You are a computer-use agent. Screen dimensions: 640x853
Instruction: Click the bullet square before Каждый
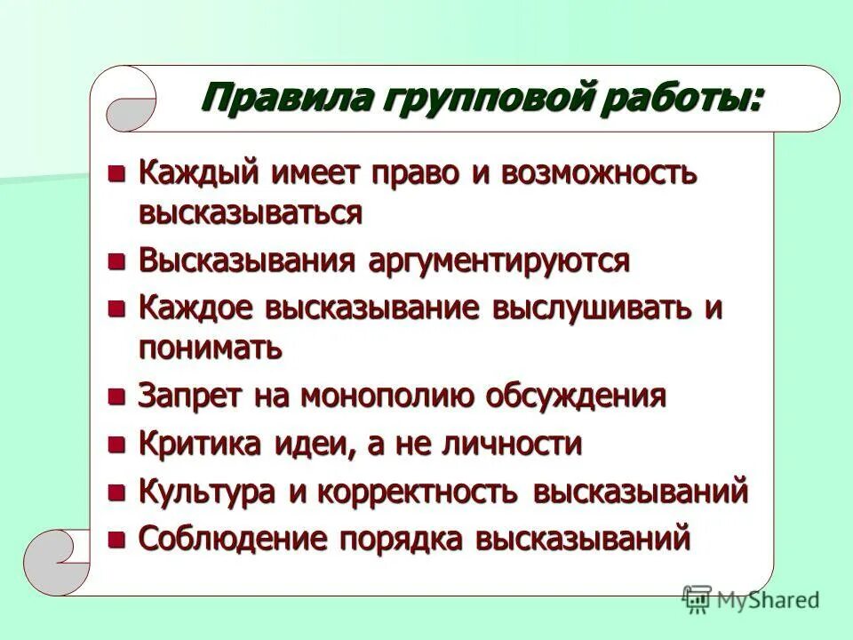tap(117, 173)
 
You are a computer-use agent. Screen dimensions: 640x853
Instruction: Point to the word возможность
tap(602, 174)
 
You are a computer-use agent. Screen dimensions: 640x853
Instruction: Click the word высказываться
tap(250, 213)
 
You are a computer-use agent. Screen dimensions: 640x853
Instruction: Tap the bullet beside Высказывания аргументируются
tap(117, 261)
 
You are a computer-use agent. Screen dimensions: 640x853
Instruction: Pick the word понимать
tap(211, 348)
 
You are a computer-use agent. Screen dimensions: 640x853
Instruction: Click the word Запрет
tap(186, 396)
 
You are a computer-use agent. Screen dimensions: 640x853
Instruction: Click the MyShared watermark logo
tap(751, 600)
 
